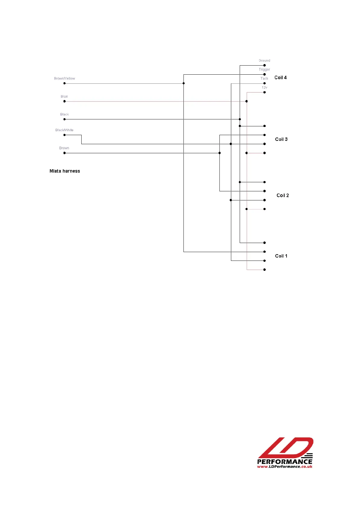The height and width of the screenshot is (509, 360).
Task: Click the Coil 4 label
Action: click(x=281, y=78)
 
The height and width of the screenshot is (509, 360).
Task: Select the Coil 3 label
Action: click(x=281, y=139)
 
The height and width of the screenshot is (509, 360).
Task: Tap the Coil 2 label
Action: click(x=283, y=196)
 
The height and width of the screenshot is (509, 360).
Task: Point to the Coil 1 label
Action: click(x=281, y=256)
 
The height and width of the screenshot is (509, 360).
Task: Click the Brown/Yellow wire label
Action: click(x=64, y=79)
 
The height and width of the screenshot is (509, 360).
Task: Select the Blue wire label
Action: click(x=64, y=97)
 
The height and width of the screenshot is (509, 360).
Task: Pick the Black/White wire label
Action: click(x=64, y=130)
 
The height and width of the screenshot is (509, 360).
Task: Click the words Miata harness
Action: click(x=65, y=171)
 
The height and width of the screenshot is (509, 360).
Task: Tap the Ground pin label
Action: click(x=264, y=61)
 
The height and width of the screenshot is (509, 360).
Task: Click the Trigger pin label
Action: click(x=264, y=70)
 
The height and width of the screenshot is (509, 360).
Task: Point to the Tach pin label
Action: click(x=264, y=79)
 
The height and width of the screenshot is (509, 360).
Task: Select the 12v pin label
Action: click(x=264, y=88)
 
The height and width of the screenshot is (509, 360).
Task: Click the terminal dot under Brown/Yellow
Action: click(x=64, y=83)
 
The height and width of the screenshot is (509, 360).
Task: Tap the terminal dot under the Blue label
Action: click(x=64, y=101)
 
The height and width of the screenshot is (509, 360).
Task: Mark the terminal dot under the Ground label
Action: click(x=264, y=65)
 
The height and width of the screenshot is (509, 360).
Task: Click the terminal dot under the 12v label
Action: click(x=264, y=92)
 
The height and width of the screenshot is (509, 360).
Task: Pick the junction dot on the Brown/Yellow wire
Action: click(x=183, y=83)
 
